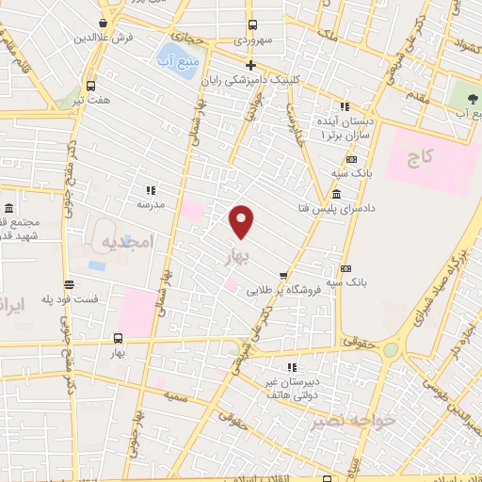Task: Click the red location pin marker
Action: pos(243,221)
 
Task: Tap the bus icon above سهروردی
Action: pos(251,25)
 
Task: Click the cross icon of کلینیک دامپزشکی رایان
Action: pos(250,65)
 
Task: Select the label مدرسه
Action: pos(151,204)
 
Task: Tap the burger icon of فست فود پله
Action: pos(69,284)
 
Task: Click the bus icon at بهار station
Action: pos(118,338)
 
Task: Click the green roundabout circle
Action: pos(389,350)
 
